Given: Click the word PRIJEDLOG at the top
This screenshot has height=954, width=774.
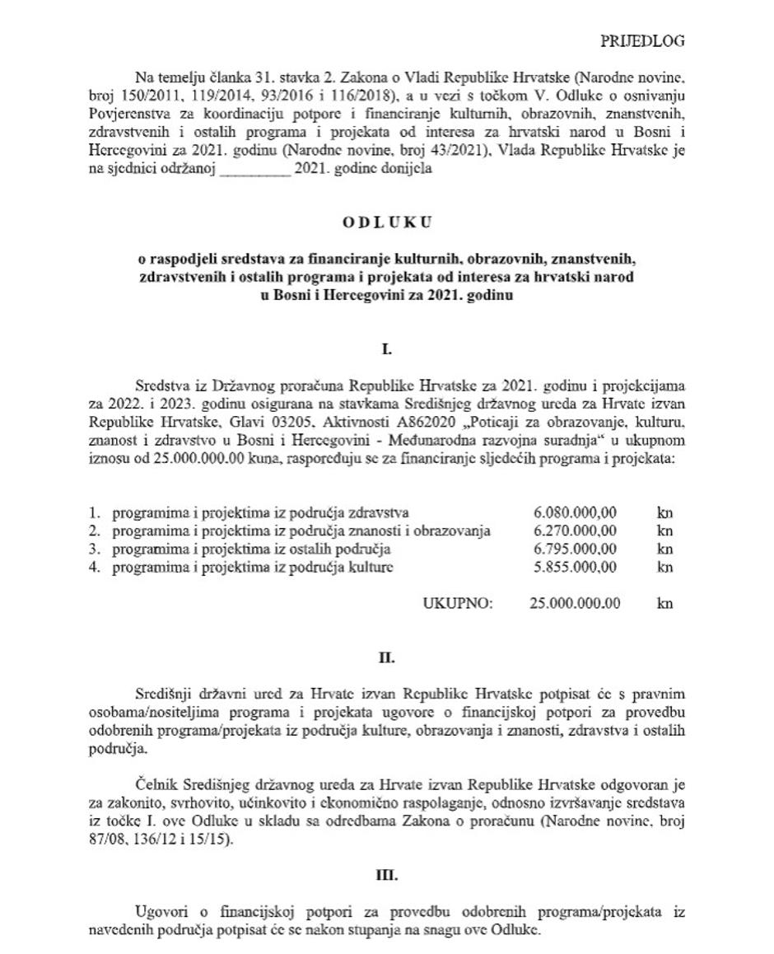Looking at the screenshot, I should pos(642,41).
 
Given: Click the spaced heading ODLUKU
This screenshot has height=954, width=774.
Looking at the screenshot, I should pos(387,222).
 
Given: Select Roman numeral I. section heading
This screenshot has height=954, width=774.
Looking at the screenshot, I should pos(387,350).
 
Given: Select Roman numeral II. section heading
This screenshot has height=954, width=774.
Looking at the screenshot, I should pos(387,658).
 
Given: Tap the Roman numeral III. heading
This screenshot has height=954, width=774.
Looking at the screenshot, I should pos(387,876).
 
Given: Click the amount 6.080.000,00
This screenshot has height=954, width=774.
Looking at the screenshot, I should pos(575,512).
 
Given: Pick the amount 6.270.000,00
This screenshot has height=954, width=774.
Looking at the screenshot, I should pos(575,531).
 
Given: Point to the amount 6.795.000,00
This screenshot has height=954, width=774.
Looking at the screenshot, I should pos(575,549).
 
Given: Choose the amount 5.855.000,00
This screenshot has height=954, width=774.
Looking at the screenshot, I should pos(575,567).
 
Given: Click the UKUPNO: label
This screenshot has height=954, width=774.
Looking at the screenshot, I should pos(458,603).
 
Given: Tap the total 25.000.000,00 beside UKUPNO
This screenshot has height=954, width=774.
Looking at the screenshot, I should pos(576,603).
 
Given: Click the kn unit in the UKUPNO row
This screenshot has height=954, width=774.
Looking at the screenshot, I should pos(665,603).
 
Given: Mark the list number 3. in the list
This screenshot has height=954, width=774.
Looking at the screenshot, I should pos(95,549).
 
